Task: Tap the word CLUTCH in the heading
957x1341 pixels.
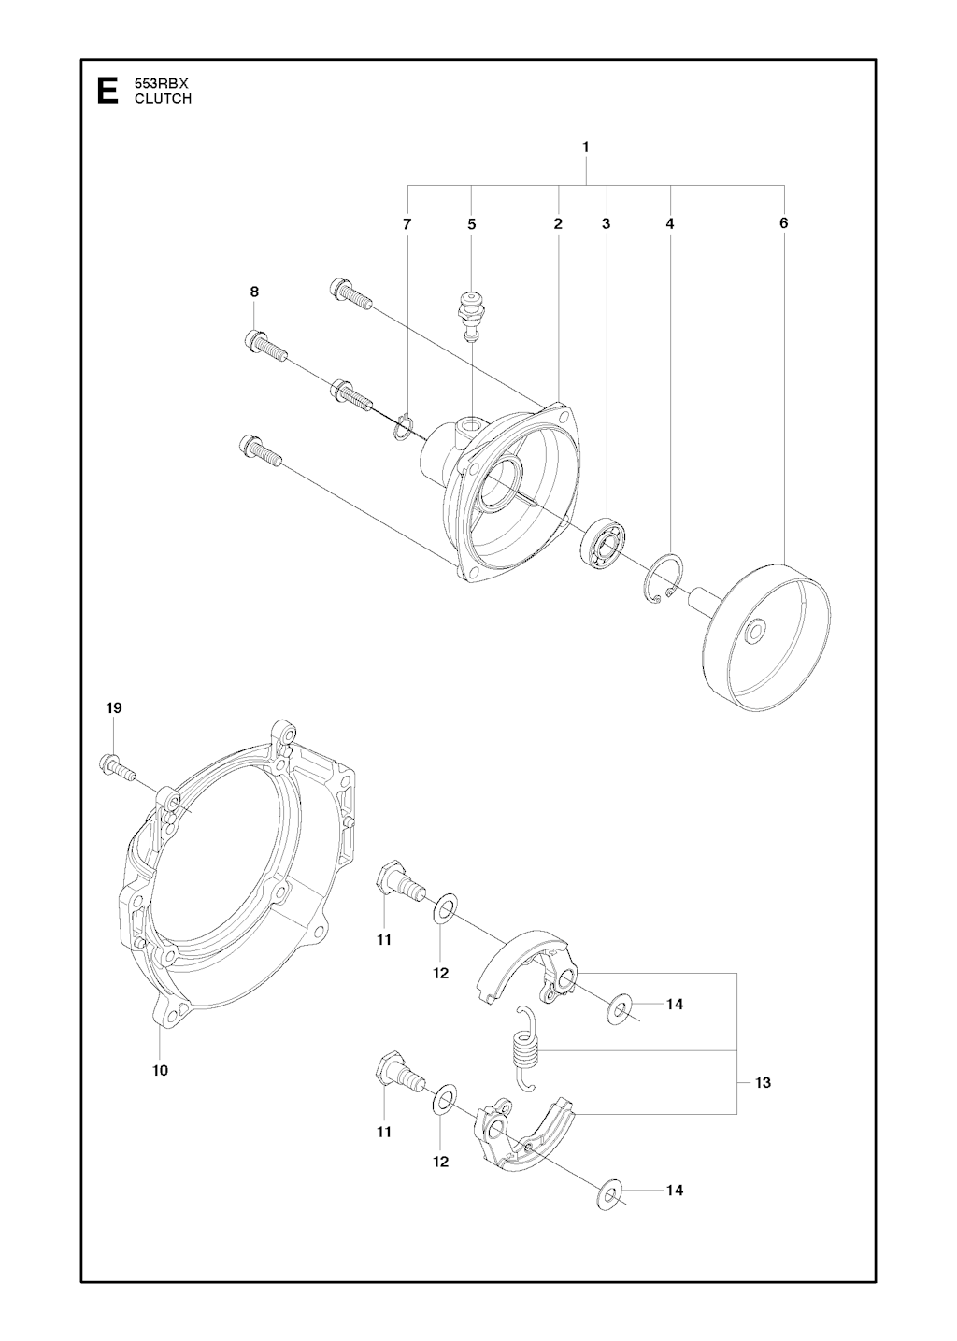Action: (x=163, y=99)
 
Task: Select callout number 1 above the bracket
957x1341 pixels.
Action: (x=585, y=147)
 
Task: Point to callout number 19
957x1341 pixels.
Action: (x=114, y=708)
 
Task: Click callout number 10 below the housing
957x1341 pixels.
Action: (x=161, y=1070)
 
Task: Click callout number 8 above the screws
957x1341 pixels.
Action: (x=254, y=292)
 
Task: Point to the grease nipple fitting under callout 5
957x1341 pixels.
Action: (x=471, y=317)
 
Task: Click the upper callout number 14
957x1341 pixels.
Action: (x=675, y=1004)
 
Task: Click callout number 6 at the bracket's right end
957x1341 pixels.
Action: (x=784, y=223)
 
